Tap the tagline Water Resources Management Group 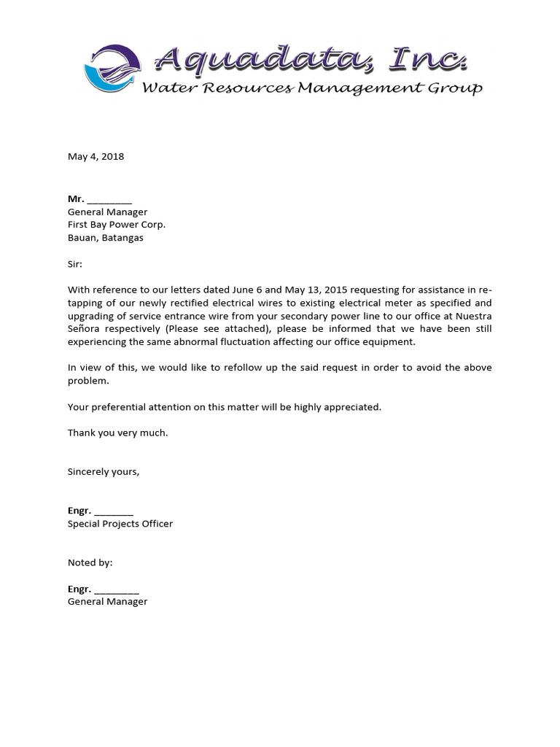(311, 88)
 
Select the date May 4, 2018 (96, 156)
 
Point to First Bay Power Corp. (117, 225)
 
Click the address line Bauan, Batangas (106, 238)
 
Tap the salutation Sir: (75, 263)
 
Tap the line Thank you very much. (118, 433)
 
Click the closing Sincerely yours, (104, 471)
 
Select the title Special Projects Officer (120, 524)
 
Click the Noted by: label (90, 562)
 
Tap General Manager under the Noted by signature (108, 602)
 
